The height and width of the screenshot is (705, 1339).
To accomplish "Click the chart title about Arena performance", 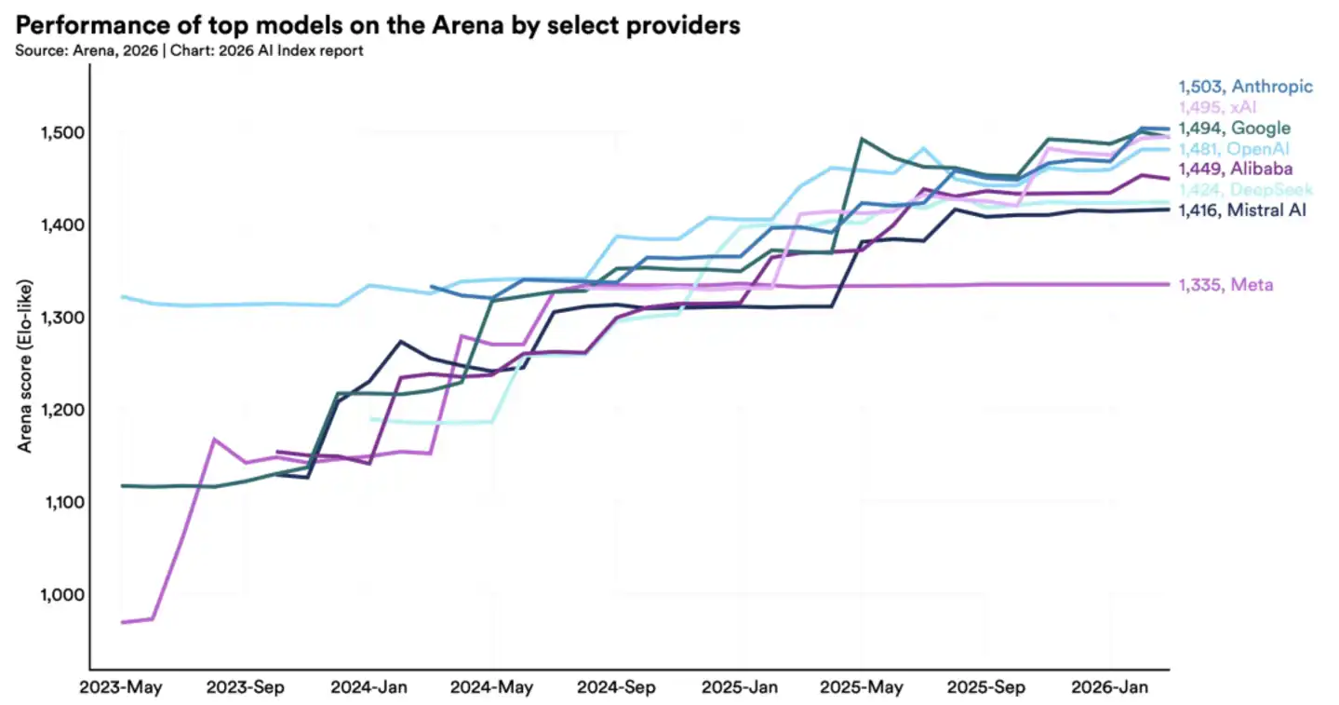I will pos(378,25).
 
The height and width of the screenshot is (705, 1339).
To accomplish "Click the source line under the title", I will pos(189,50).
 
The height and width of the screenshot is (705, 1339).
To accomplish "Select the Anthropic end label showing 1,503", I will pos(1245,87).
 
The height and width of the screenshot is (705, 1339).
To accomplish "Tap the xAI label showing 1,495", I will pos(1217,107).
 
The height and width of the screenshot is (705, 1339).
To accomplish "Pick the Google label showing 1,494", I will pos(1234,129).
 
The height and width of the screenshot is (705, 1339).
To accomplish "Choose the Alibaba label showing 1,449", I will pos(1234,169).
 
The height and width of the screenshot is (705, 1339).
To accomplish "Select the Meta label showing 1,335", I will pos(1225,284).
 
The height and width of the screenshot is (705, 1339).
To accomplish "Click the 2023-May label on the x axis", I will pos(121,688).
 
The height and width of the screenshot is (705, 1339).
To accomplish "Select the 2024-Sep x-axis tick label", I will pos(615,688).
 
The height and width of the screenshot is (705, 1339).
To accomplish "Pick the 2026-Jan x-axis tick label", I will pos(1108,688).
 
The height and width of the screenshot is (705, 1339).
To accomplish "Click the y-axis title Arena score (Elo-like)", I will pos(25,365).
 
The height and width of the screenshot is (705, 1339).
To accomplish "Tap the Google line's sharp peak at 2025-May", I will pos(862,139).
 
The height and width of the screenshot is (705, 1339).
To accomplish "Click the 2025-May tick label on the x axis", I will pos(861,688).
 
